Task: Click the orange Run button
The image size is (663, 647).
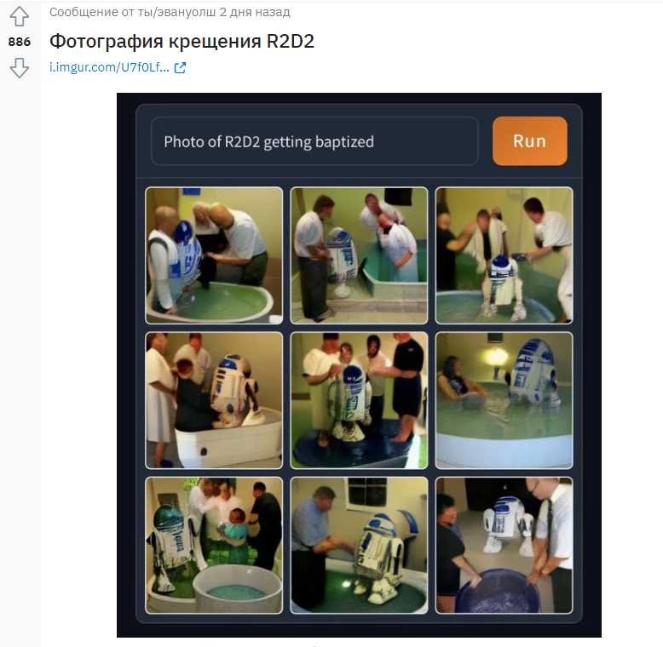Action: pos(530,141)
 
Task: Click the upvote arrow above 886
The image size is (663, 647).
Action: pos(20,16)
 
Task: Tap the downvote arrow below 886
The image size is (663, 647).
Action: pos(20,68)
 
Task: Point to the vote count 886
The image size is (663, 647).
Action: pos(20,42)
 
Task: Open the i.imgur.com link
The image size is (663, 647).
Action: pos(110,67)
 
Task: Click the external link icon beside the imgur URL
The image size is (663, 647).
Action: pos(180,67)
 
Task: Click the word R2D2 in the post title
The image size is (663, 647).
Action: pos(290,42)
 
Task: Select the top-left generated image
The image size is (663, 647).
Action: pos(214,255)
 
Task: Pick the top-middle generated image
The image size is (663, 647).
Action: pos(359,255)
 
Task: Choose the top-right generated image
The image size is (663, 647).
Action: pos(504,255)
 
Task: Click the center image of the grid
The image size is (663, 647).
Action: pos(359,400)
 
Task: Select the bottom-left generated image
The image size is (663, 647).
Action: pos(214,545)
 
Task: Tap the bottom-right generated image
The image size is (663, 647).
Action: pos(504,545)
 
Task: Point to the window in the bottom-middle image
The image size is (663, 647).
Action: pos(367,491)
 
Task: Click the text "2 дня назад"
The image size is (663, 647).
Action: pos(255,12)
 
